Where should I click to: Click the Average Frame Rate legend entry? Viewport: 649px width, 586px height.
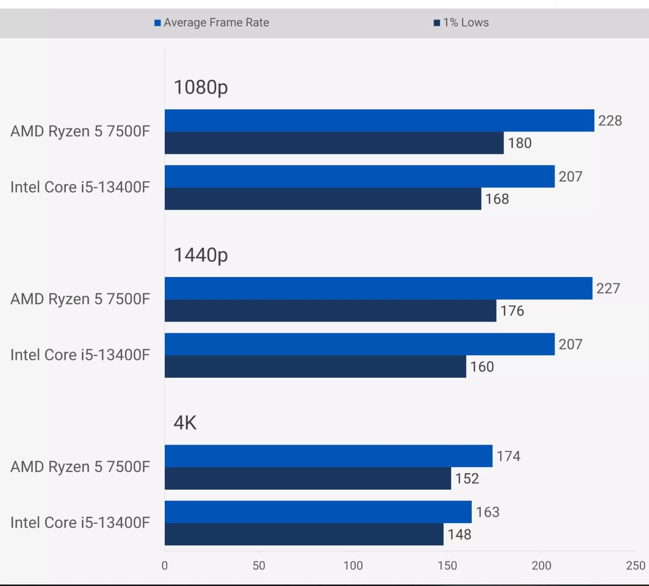211,23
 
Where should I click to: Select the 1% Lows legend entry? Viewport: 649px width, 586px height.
461,23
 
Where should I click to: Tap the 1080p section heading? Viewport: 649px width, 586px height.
201,87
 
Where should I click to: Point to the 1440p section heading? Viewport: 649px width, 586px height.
201,255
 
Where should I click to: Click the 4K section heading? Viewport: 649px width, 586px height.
185,423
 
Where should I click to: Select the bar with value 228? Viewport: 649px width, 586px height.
379,120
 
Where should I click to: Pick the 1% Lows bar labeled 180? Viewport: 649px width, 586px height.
334,143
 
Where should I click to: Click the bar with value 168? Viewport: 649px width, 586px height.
322,199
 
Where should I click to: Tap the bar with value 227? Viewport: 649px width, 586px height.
378,288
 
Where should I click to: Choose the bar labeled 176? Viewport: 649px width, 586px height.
330,311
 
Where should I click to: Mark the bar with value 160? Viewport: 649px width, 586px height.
315,366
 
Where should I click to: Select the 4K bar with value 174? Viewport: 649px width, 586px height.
329,456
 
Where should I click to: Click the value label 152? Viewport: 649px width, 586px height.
467,479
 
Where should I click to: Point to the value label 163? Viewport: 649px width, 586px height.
488,512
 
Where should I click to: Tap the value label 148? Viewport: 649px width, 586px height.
460,534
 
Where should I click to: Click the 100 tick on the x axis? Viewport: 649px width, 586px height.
353,565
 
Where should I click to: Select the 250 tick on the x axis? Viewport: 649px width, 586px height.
635,565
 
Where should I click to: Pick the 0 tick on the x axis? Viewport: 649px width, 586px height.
165,565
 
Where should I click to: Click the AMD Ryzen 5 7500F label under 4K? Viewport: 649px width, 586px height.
80,467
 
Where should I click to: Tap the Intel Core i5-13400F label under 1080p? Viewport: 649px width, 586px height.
80,187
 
